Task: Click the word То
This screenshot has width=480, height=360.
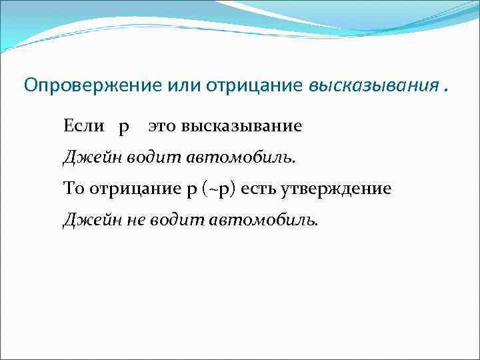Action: coord(73,189)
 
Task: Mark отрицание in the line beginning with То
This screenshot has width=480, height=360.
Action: coord(133,189)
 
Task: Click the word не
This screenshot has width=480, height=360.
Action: coord(123,220)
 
